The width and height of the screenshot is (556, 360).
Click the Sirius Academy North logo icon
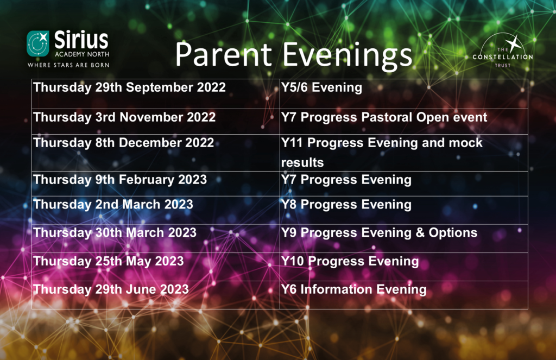click(38, 44)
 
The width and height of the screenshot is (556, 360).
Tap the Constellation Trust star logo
click(512, 43)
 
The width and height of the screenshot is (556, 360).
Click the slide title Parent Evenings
click(293, 55)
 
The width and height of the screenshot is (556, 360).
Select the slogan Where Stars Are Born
click(68, 65)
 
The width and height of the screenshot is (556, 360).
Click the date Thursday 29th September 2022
click(129, 87)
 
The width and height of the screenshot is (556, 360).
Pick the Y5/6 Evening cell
click(321, 87)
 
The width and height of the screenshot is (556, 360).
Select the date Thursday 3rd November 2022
click(124, 117)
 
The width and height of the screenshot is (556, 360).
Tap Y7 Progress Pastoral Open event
click(384, 117)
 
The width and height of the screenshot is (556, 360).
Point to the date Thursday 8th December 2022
click(123, 143)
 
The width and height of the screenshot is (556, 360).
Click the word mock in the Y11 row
click(465, 143)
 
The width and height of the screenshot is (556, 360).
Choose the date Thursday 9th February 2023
click(120, 180)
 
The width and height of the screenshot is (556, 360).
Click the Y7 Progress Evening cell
click(346, 180)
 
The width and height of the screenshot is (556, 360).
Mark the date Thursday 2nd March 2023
click(113, 205)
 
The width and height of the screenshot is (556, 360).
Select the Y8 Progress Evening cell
click(346, 205)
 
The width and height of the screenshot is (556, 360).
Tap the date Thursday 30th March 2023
click(115, 233)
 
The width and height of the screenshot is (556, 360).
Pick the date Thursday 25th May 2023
click(109, 261)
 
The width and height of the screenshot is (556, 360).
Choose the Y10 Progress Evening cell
click(350, 261)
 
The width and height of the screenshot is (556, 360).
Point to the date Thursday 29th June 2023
click(111, 289)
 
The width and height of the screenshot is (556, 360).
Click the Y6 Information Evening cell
click(353, 289)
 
